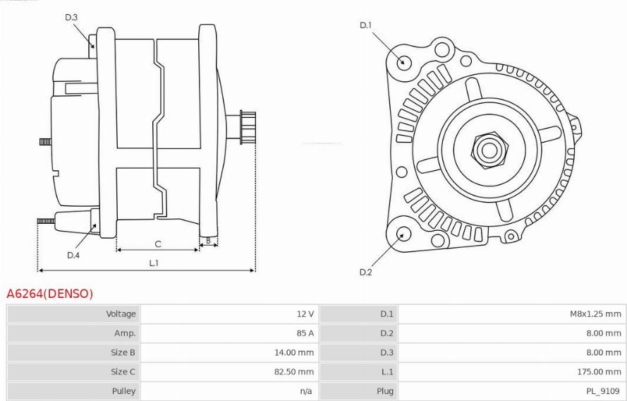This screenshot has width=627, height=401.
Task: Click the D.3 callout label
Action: [71, 17]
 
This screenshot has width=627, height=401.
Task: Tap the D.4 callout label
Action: [73, 255]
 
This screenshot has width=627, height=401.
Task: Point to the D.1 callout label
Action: [365, 25]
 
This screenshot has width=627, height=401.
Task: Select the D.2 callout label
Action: [365, 273]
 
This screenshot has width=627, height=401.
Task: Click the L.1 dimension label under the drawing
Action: [154, 263]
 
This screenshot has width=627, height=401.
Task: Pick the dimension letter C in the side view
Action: [158, 244]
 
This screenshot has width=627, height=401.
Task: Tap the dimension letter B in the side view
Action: [208, 241]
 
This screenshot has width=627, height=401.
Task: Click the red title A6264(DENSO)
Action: [49, 294]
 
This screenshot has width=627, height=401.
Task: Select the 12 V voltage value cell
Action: [305, 313]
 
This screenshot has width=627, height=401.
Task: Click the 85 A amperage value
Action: [305, 333]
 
